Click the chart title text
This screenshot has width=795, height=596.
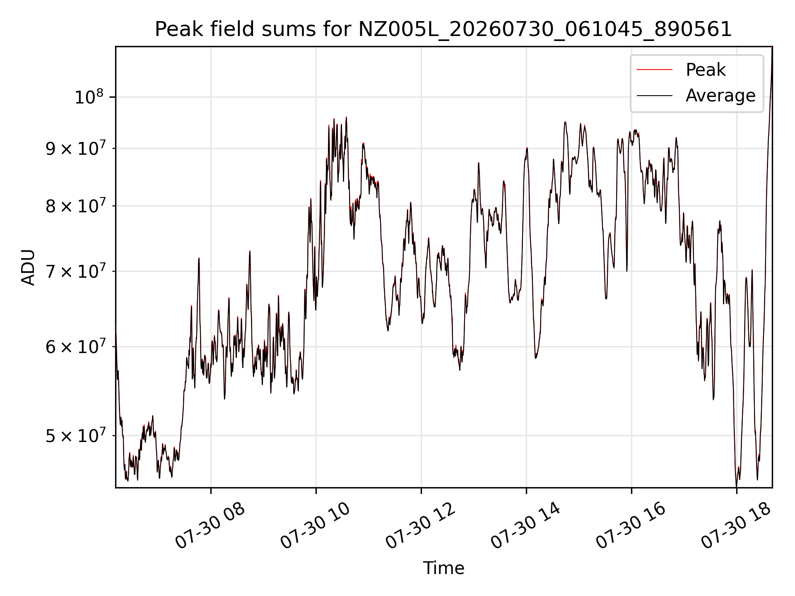click(x=443, y=29)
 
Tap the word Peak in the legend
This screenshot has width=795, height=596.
click(x=706, y=70)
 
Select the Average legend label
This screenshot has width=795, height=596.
click(x=720, y=96)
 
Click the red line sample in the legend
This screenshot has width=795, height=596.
click(x=655, y=70)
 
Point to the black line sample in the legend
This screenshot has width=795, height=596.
click(x=655, y=96)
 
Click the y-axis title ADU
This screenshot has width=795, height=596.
click(x=28, y=267)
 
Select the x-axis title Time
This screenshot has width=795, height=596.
click(x=443, y=568)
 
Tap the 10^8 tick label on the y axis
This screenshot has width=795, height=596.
click(x=89, y=97)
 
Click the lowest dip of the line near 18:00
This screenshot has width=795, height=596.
click(x=737, y=486)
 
